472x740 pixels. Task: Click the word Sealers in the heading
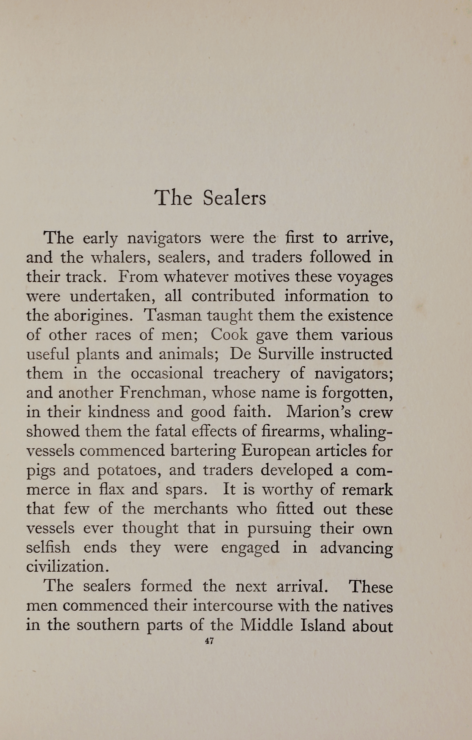click(x=234, y=198)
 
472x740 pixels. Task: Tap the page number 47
click(x=209, y=641)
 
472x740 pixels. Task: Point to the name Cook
click(x=229, y=335)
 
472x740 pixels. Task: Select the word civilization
click(x=68, y=567)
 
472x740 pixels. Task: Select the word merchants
click(x=190, y=509)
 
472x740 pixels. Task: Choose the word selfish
click(x=48, y=547)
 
